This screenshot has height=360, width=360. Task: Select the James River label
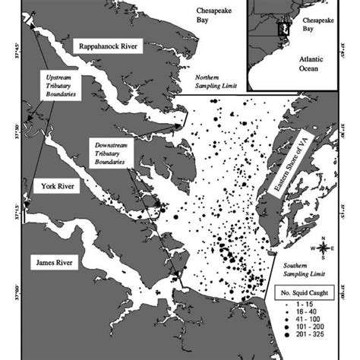coord(60,262)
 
